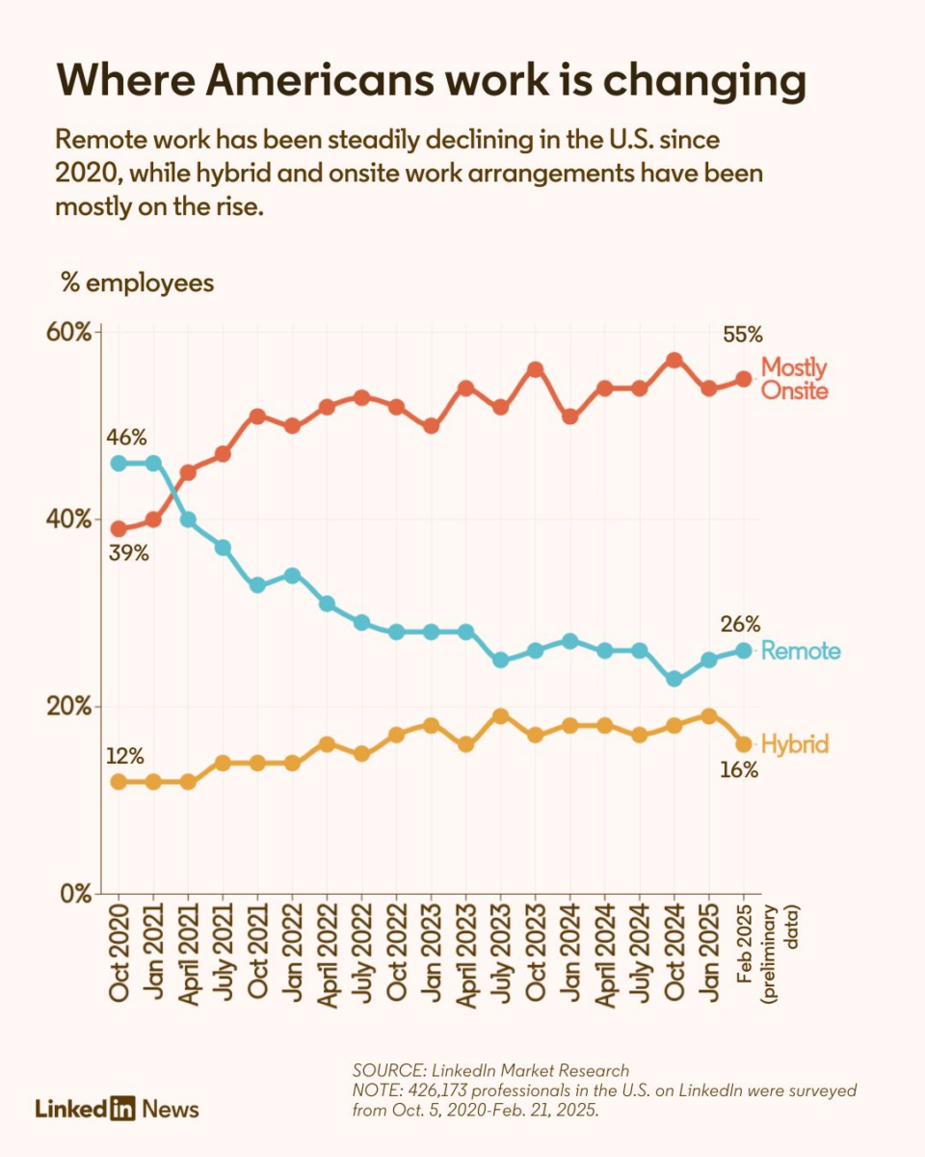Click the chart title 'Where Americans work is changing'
(431, 82)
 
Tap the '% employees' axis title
(137, 283)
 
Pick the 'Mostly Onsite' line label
(794, 379)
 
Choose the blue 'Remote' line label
(800, 651)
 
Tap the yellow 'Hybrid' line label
(795, 744)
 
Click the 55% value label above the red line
(743, 336)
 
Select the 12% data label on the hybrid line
(126, 754)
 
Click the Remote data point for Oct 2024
(674, 679)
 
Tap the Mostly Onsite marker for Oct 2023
(535, 369)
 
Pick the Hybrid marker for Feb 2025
(744, 743)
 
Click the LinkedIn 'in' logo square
(122, 1108)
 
